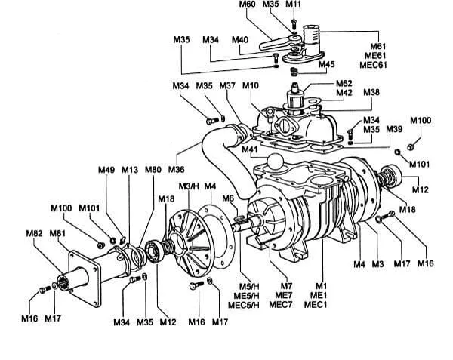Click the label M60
point(247,5)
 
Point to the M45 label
point(326,64)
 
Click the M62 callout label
point(344,83)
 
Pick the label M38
point(371,92)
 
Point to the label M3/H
point(188,186)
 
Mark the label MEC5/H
point(244,305)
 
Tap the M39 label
point(394,130)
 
